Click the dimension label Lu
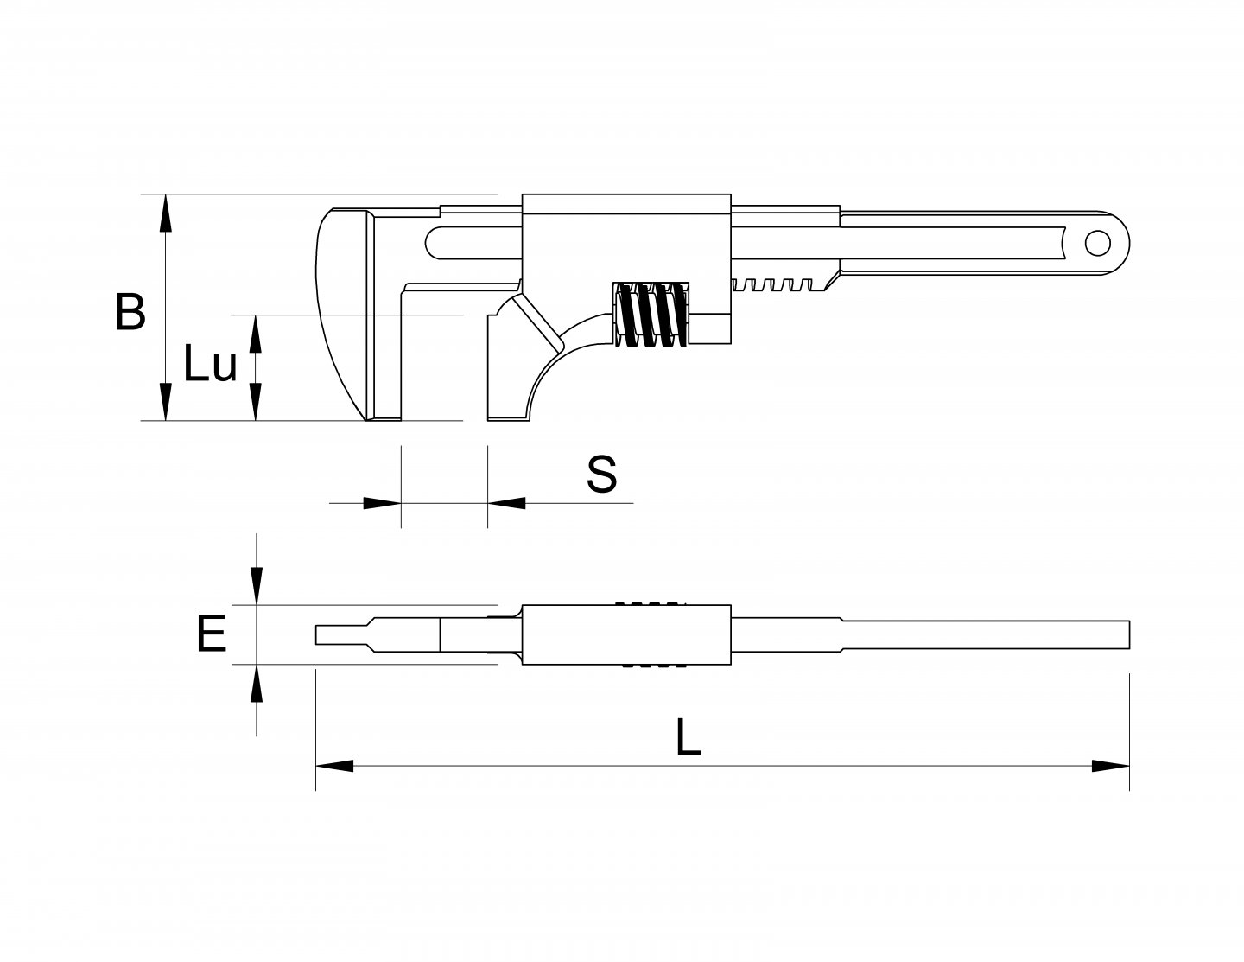pos(209,366)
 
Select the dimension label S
pos(601,474)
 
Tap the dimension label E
pos(211,634)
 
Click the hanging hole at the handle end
pos(1097,244)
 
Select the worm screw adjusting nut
pos(652,315)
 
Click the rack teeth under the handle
pos(777,284)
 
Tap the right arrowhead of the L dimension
pos(1111,765)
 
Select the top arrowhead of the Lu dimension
pos(256,334)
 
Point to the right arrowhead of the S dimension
pos(506,502)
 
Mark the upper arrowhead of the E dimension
pos(256,586)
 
